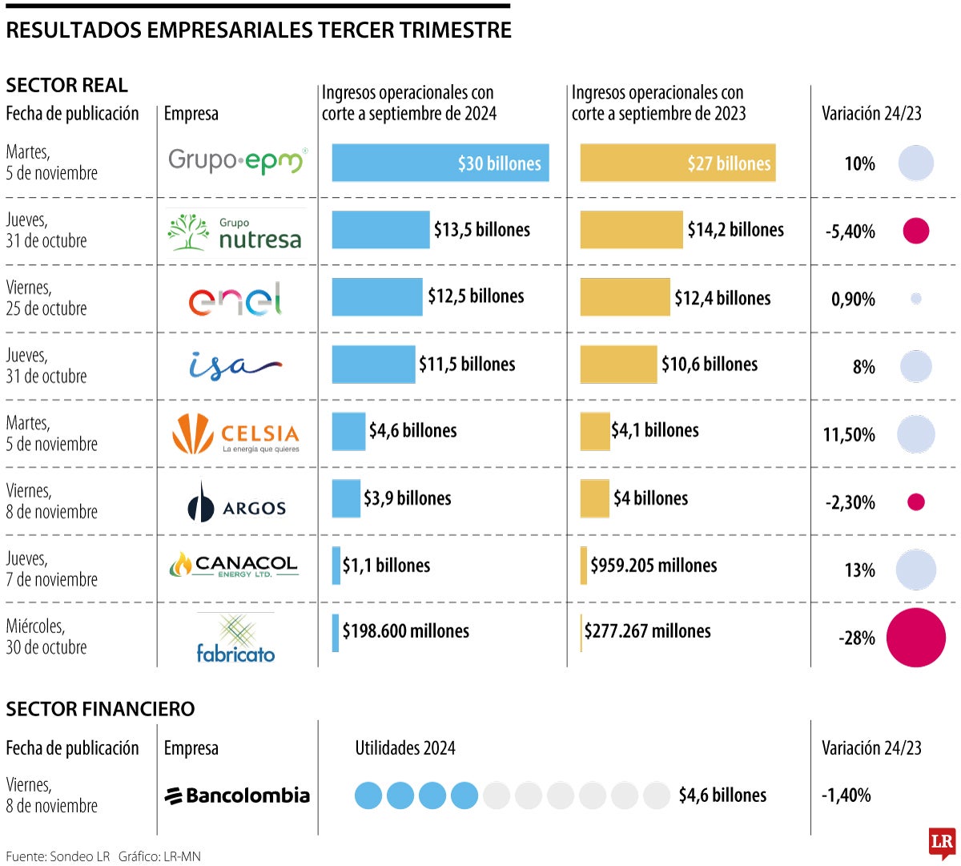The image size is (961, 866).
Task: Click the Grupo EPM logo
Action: coord(237,161)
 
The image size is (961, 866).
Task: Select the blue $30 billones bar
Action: coord(440,163)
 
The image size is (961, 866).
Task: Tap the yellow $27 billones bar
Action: coord(678,163)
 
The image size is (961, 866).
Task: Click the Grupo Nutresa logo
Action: coord(235,232)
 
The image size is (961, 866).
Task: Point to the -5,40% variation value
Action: coord(850,232)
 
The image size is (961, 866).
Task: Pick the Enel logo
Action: coord(235,299)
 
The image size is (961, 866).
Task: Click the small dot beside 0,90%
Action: coord(916,299)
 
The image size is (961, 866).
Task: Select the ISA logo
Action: coord(235,366)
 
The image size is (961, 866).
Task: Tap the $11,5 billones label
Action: coord(467,365)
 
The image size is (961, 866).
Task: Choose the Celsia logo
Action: coord(235,434)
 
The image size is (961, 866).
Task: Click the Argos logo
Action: coord(236,503)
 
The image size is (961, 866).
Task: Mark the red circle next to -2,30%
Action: coord(916,502)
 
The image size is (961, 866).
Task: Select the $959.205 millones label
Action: coord(653,566)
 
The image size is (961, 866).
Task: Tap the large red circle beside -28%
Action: coord(916,638)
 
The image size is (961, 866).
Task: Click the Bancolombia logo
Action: coord(237,796)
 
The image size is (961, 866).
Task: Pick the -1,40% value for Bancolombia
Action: coord(846,796)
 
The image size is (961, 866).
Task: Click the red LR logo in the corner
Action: coord(942,843)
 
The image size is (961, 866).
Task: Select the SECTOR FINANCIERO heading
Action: coord(100,709)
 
